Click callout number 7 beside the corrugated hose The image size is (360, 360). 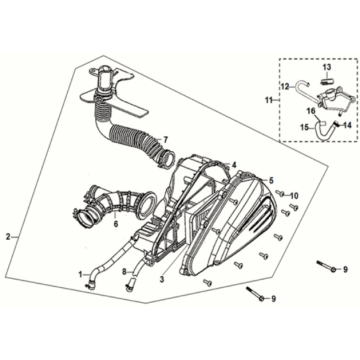[165, 139]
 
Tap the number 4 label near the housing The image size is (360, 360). [234, 165]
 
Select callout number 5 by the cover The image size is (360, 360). [271, 180]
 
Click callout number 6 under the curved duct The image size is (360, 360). [116, 224]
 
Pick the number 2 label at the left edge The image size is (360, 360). [8, 237]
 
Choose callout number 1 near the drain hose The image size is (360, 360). [80, 274]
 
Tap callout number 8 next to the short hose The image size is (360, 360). [124, 272]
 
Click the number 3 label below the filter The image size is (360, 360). [162, 280]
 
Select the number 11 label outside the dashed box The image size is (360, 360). [269, 100]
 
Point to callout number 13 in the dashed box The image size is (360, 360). [327, 67]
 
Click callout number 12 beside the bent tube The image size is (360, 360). [285, 87]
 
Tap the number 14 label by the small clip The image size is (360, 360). [347, 126]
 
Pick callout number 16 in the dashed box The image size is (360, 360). [311, 112]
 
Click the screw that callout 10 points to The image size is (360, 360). [280, 193]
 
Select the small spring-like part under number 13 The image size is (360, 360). [328, 80]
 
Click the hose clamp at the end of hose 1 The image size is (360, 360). [89, 284]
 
